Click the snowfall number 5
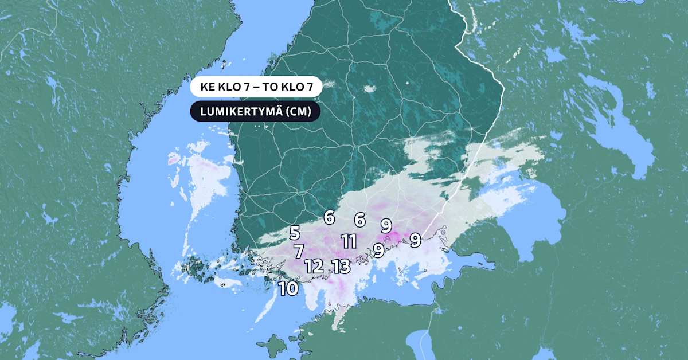point(295,233)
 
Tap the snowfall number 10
point(289,288)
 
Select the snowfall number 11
point(349,241)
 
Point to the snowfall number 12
point(314,266)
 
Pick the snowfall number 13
point(341,266)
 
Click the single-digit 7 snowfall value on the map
point(299,251)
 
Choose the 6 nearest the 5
point(329,218)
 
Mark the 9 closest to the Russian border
point(416,240)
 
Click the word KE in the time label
point(208,88)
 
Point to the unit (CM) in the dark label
point(299,112)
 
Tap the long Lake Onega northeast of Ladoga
point(619,126)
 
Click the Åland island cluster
point(198,269)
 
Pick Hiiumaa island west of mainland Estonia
point(276,345)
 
